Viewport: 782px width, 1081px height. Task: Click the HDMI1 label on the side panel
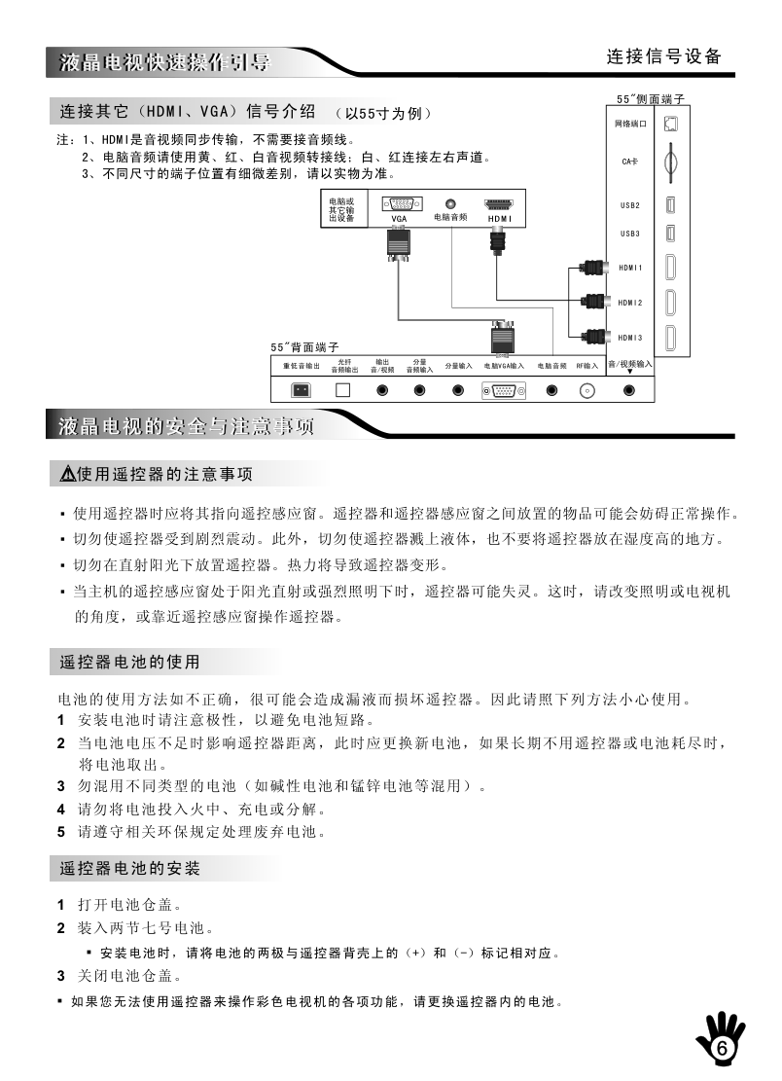[631, 268]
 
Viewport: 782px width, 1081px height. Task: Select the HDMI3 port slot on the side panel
[670, 339]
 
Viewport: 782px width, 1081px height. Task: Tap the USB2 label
[630, 206]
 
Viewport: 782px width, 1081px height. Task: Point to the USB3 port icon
[670, 234]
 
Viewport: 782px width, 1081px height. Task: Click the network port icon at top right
[670, 124]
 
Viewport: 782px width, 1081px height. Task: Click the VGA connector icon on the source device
[399, 204]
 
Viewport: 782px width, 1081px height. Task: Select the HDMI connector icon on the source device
[498, 204]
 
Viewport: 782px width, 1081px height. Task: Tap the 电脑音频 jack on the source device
[450, 203]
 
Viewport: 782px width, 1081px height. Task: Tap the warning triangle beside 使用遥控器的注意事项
[67, 475]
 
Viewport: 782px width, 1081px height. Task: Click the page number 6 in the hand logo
[722, 1049]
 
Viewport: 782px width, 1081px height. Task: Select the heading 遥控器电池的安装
[130, 867]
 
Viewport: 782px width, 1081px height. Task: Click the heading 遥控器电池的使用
[130, 663]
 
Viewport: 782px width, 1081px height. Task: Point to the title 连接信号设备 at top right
[664, 56]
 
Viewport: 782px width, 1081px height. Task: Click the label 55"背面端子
[304, 347]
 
